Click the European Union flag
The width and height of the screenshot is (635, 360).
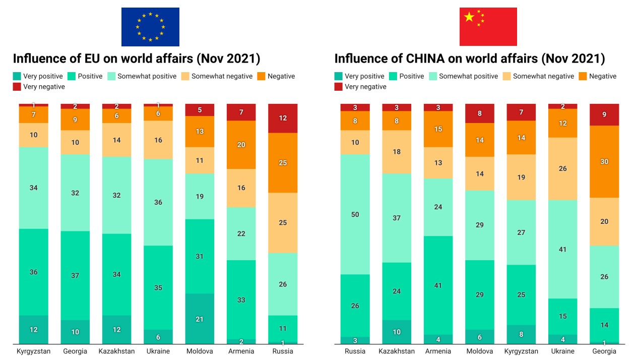coord(150,27)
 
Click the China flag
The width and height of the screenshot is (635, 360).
coord(488,27)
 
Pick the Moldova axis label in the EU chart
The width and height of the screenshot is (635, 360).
coord(200,351)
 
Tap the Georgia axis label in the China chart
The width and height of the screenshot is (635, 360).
coord(604,351)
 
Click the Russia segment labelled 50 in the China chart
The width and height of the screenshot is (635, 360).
coord(355,214)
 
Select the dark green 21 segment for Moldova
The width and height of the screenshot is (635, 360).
coord(200,319)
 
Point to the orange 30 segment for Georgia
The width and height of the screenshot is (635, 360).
coord(604,161)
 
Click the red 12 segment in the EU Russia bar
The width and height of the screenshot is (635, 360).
coord(283,118)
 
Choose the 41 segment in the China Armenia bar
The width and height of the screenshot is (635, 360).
coord(438,285)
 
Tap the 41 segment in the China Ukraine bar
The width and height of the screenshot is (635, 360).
coord(562,249)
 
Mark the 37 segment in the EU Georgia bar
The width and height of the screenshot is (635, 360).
coord(75,275)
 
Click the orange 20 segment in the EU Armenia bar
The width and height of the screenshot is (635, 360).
coord(241,145)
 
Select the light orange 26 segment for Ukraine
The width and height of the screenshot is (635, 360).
coord(562,168)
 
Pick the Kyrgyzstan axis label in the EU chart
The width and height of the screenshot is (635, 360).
coord(34,351)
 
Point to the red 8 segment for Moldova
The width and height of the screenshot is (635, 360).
coord(480,113)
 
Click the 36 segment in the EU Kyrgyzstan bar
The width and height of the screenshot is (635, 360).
coord(34,272)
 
